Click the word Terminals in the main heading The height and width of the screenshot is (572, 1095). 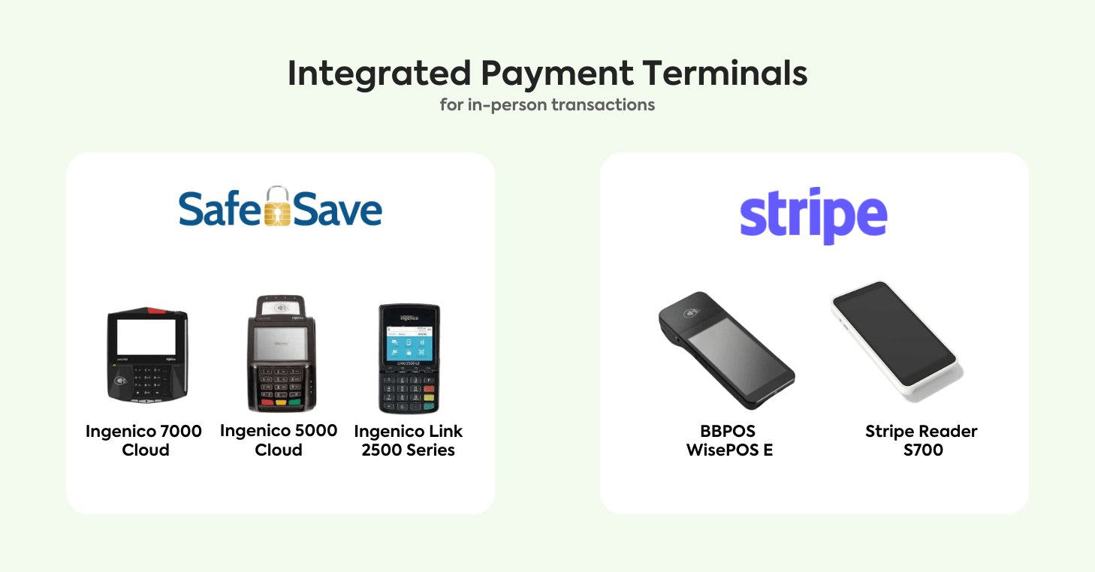[725, 74]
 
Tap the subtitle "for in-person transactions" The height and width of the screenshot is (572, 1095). [547, 104]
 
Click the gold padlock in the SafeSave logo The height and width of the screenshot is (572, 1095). [278, 206]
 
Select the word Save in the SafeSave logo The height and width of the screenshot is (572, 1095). [338, 211]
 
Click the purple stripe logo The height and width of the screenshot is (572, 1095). [813, 216]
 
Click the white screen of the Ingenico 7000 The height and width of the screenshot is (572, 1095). [146, 336]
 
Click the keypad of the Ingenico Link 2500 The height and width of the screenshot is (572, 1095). [409, 393]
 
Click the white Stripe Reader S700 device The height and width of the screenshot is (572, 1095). [895, 339]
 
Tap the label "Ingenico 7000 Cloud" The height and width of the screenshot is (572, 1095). [144, 441]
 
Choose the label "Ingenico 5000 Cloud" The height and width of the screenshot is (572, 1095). [279, 441]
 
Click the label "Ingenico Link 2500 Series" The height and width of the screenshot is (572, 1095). [409, 441]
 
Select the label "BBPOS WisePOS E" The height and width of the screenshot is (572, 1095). [728, 441]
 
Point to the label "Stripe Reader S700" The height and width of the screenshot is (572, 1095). [922, 441]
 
